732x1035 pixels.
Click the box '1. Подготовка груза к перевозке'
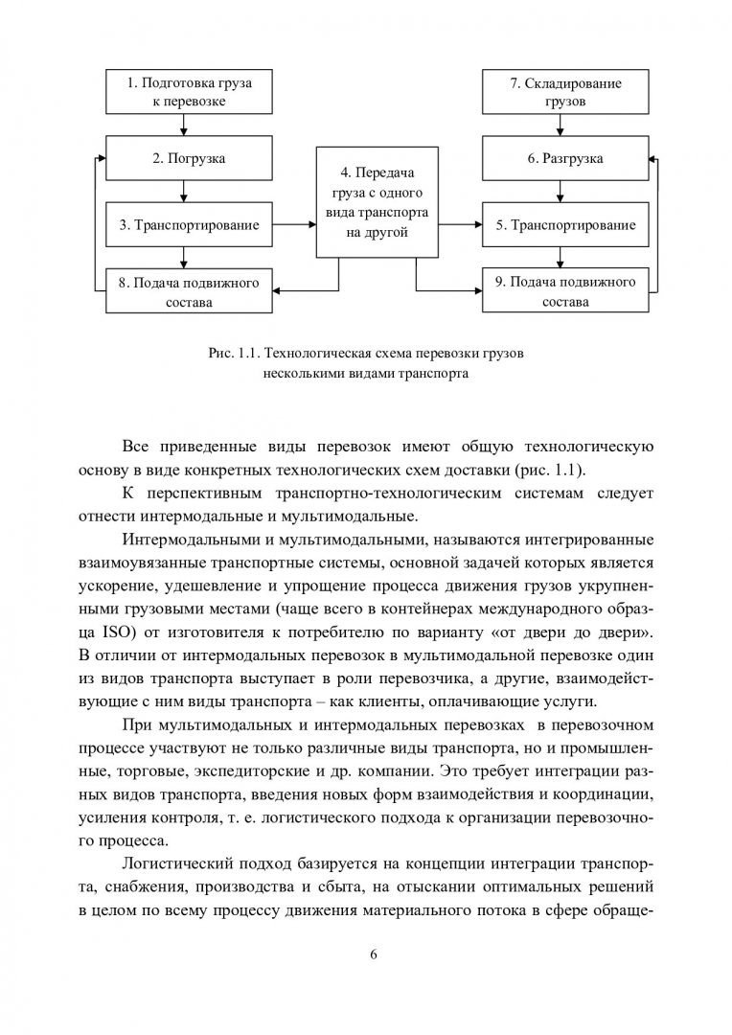tap(189, 91)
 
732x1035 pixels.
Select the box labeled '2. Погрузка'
tap(189, 157)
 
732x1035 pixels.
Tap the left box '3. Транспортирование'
tap(189, 225)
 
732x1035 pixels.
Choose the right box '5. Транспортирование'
tap(565, 225)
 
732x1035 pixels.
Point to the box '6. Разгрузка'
tap(565, 157)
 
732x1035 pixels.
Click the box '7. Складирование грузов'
tap(565, 91)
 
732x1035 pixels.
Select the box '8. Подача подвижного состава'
tap(189, 290)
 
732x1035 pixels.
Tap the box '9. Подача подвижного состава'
tap(565, 290)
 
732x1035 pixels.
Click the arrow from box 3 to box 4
tap(294, 225)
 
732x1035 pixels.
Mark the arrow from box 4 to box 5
tap(455, 225)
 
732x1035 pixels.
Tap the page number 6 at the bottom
tap(373, 954)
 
